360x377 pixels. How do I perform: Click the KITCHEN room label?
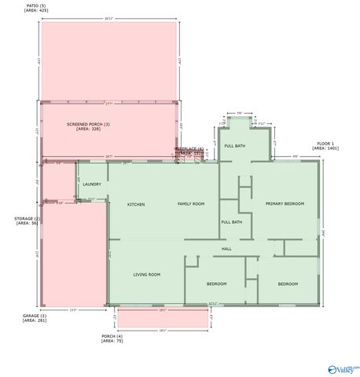(136, 204)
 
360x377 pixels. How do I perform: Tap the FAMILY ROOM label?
(190, 203)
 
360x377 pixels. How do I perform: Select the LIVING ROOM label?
(146, 274)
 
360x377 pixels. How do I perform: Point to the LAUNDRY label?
(92, 184)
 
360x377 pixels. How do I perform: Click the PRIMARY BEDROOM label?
(284, 203)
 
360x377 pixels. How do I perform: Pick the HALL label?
(226, 248)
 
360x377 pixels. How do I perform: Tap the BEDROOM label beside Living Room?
(216, 284)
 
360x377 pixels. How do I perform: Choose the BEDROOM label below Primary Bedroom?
(287, 284)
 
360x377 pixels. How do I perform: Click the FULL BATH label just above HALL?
(231, 221)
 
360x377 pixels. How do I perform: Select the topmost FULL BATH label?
(234, 146)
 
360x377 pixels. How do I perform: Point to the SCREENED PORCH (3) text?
(88, 124)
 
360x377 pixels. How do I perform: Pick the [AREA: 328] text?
(88, 129)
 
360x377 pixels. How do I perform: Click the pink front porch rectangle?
(162, 318)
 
